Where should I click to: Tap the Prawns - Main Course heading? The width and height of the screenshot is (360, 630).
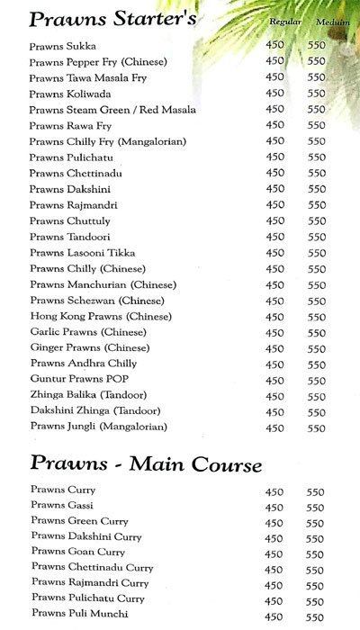coord(146,464)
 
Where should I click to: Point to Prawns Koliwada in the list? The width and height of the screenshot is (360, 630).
coord(69,94)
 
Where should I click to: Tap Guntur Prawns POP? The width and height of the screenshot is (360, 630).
coord(79,380)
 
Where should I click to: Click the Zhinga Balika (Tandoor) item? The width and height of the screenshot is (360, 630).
coord(87,395)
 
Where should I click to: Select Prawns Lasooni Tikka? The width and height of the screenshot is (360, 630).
coord(82,253)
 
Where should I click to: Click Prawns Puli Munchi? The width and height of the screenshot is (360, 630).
coord(79,614)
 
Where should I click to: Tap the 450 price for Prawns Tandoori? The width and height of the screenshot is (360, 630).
coord(275,237)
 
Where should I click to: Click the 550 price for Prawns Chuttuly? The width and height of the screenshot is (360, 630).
coord(316,221)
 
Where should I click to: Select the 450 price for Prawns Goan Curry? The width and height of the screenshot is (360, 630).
coord(275,553)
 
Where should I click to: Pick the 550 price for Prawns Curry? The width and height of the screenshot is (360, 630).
coord(315,490)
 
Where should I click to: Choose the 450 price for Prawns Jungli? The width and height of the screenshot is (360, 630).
coord(275,428)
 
